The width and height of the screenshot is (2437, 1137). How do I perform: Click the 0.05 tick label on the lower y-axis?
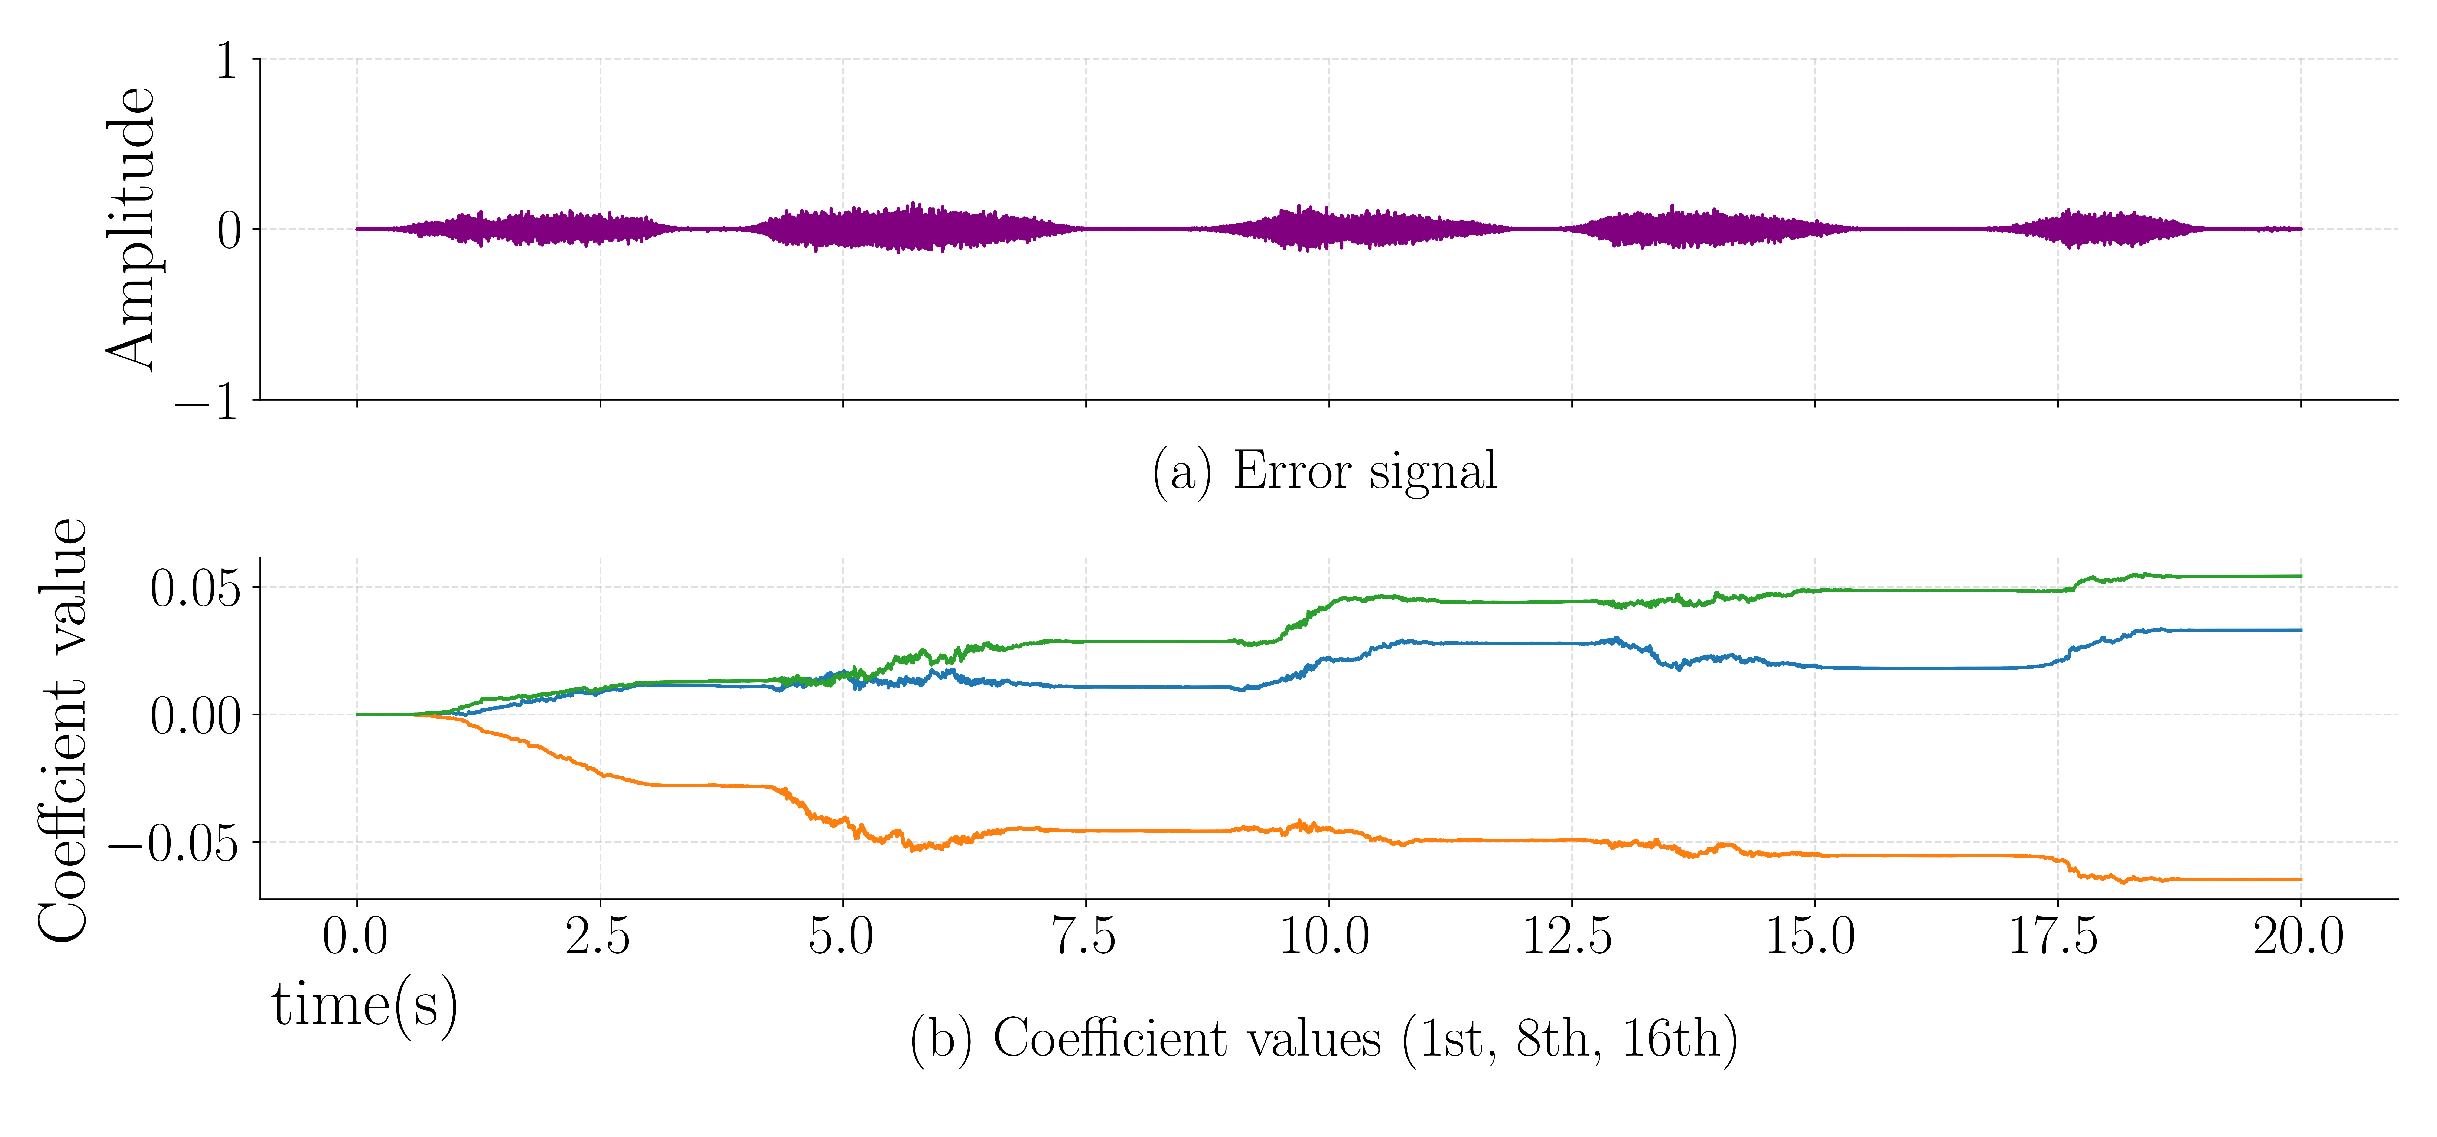[x=196, y=588]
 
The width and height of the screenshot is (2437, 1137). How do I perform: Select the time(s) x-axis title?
[x=364, y=1005]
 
